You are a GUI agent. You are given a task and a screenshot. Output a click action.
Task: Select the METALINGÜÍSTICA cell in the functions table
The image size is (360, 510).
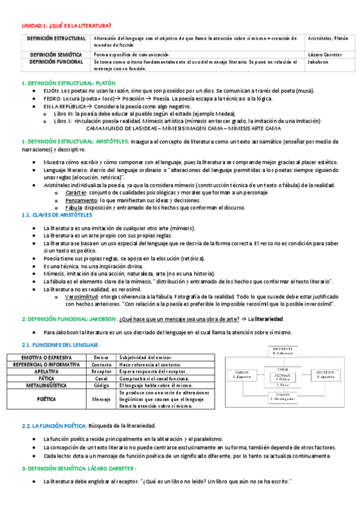click(47, 386)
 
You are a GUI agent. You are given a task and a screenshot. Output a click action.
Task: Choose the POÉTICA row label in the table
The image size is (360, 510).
click(47, 399)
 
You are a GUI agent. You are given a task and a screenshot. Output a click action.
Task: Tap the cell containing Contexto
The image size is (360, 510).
click(103, 364)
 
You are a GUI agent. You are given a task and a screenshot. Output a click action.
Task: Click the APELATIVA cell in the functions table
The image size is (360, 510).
click(47, 372)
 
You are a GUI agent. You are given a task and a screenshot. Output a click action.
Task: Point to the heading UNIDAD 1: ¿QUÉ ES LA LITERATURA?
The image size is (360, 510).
click(67, 25)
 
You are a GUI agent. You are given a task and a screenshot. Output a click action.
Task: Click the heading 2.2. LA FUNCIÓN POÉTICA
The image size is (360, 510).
click(54, 426)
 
